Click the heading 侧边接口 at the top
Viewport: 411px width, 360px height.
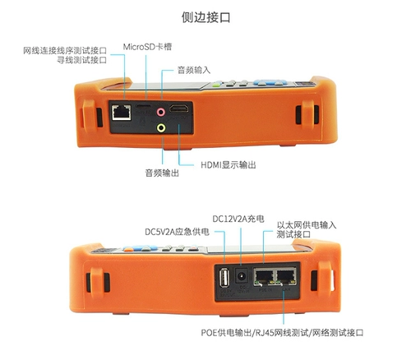pos(205,16)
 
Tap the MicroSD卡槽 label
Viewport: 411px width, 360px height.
pos(148,47)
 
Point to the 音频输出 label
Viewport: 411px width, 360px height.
pos(161,173)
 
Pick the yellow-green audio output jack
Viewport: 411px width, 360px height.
pos(162,127)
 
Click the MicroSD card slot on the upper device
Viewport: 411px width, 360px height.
pos(145,108)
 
